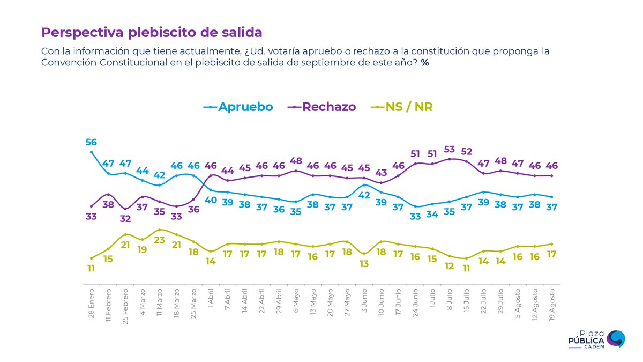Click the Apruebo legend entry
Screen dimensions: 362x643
pyautogui.click(x=238, y=107)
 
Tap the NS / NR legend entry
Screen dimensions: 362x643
pyautogui.click(x=402, y=107)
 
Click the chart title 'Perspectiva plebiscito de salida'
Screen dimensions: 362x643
pyautogui.click(x=152, y=32)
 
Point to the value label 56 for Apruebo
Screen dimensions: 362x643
pyautogui.click(x=91, y=142)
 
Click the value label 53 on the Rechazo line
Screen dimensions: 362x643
pyautogui.click(x=450, y=149)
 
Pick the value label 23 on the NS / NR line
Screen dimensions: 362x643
pyautogui.click(x=160, y=240)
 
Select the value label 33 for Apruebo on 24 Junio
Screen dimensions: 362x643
pyautogui.click(x=415, y=217)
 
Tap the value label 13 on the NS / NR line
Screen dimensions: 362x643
pyautogui.click(x=364, y=264)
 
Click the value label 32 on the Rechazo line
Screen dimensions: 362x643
pyautogui.click(x=125, y=219)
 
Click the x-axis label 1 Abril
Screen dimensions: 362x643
pyautogui.click(x=211, y=304)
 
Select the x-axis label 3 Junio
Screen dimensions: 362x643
pyautogui.click(x=364, y=303)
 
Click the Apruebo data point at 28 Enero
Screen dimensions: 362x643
pyautogui.click(x=92, y=152)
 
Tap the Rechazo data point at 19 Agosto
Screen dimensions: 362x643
pyautogui.click(x=551, y=175)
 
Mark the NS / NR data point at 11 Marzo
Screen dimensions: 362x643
pyautogui.click(x=160, y=230)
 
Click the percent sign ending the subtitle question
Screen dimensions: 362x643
pyautogui.click(x=425, y=63)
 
